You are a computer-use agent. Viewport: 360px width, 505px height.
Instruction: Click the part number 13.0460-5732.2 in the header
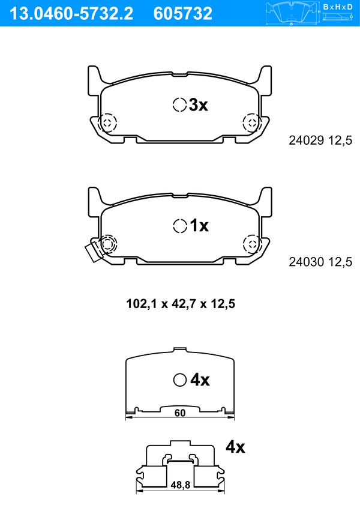point(71,14)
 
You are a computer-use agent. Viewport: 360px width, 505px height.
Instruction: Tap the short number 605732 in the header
point(183,14)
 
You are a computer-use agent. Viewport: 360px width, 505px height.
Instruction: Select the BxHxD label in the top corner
point(338,7)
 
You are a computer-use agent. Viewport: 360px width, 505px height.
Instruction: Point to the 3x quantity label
point(198,104)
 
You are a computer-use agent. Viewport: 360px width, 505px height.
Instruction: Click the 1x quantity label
point(199,225)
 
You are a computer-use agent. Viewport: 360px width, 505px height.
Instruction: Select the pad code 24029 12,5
point(320,141)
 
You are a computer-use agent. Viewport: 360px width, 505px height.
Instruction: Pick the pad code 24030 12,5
point(320,262)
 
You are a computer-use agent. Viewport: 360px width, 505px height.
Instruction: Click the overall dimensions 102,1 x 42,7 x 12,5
point(181,304)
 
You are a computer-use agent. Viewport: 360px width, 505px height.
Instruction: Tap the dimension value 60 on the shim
point(180,413)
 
